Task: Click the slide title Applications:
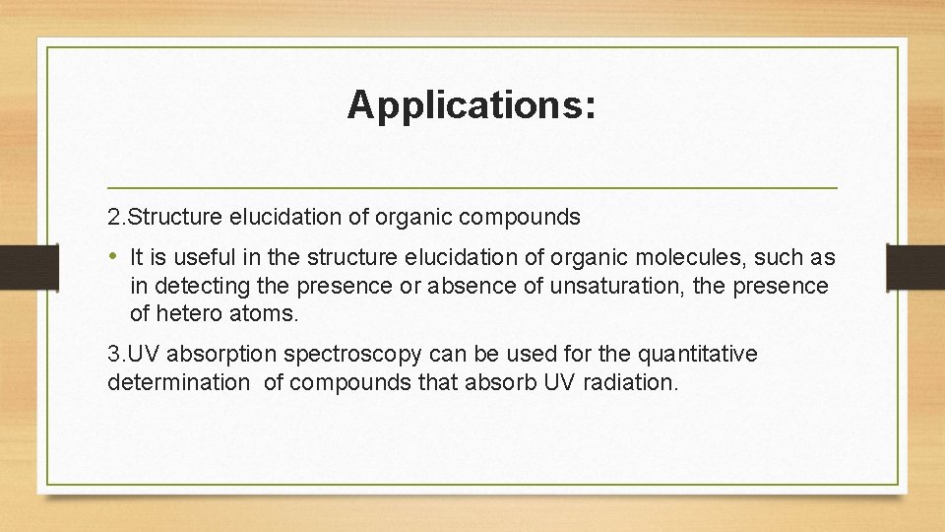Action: tap(471, 105)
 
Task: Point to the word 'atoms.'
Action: tap(272, 314)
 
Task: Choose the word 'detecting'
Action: tap(198, 287)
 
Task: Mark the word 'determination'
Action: tap(179, 382)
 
